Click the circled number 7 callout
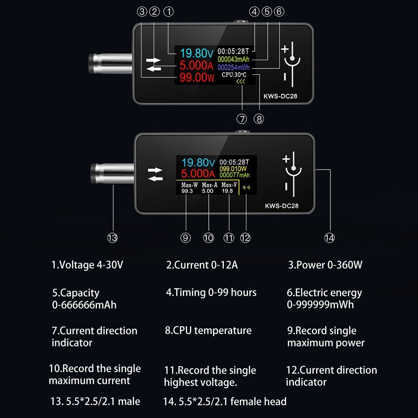tap(242, 119)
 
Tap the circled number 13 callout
tap(112, 238)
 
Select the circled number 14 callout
tap(329, 238)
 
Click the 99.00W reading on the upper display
tap(197, 78)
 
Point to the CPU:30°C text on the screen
tap(234, 75)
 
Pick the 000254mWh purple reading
tap(233, 68)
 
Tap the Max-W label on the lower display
tap(190, 185)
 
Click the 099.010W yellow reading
tap(233, 169)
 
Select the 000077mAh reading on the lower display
tap(235, 175)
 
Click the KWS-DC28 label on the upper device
tap(280, 96)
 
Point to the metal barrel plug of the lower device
tap(112, 174)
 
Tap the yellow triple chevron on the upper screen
tap(241, 81)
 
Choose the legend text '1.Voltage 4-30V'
tap(87, 265)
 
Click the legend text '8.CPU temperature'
tap(208, 331)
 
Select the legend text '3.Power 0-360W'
tap(325, 265)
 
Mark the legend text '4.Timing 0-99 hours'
tap(211, 292)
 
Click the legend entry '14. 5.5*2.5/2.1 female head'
tap(225, 401)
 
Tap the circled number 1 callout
tap(168, 12)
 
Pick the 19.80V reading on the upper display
tap(197, 53)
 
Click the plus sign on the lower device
tap(286, 159)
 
